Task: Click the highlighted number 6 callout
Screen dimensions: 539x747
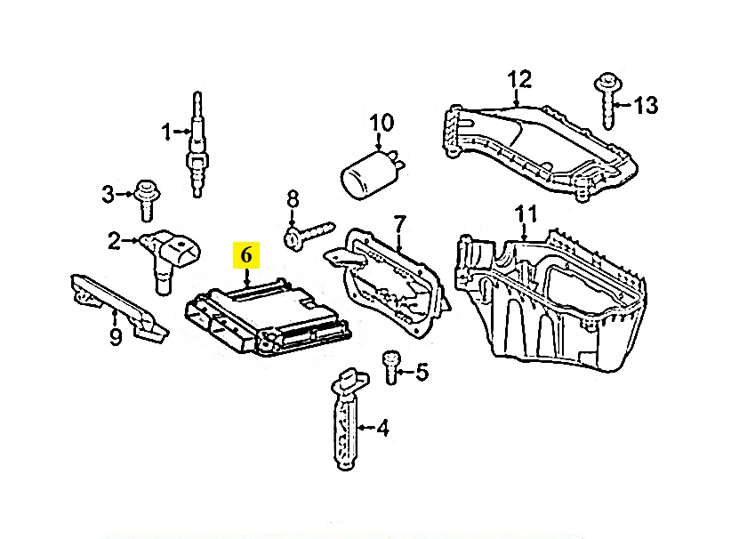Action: (x=245, y=255)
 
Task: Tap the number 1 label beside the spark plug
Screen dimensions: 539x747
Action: (x=166, y=133)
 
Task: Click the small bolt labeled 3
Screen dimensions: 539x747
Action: (x=145, y=198)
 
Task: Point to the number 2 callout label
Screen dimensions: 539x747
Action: (x=114, y=240)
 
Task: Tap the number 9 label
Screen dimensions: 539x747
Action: (x=115, y=337)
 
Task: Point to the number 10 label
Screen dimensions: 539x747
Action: (x=380, y=122)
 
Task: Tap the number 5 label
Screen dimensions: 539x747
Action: (x=421, y=372)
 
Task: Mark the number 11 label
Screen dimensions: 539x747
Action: (x=527, y=214)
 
